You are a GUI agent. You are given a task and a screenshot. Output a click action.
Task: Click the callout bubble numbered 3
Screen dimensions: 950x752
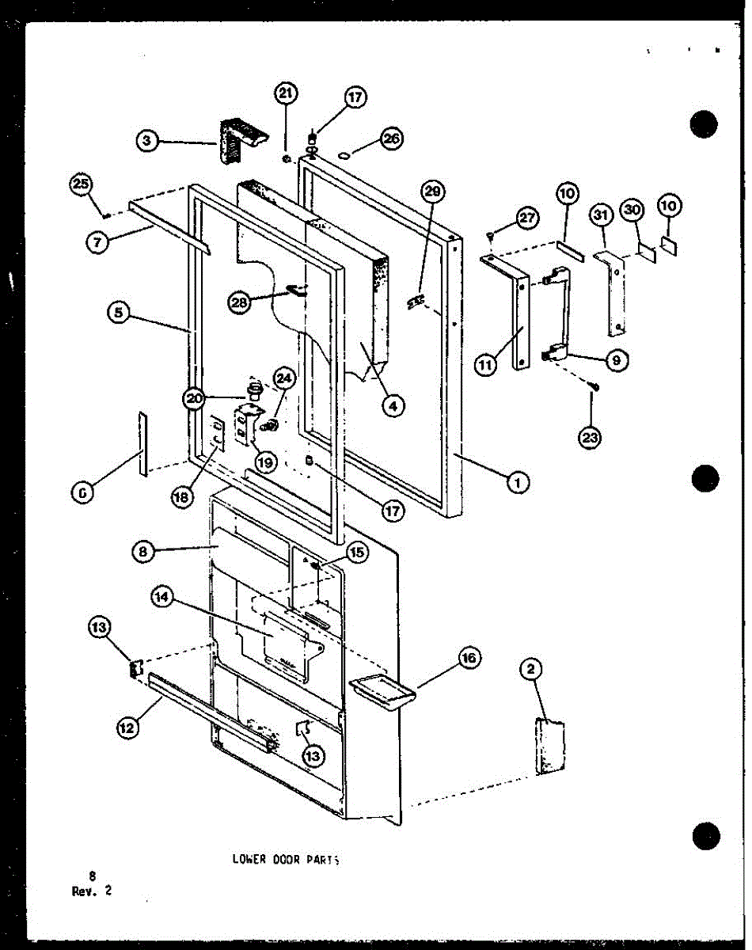(146, 142)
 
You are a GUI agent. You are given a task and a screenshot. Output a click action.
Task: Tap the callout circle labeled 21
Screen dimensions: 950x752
(286, 94)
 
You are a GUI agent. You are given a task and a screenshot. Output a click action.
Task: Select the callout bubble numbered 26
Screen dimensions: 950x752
(390, 139)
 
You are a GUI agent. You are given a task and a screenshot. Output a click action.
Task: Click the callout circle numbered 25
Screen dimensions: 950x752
(80, 185)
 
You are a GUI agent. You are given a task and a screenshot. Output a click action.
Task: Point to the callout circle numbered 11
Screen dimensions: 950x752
(487, 367)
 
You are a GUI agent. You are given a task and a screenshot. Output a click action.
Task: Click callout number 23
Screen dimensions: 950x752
(590, 436)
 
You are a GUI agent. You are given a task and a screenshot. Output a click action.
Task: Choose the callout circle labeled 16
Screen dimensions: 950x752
(469, 658)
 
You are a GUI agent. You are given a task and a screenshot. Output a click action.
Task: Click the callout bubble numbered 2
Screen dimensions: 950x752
(530, 670)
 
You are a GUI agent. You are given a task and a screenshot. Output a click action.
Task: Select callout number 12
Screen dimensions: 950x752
(127, 725)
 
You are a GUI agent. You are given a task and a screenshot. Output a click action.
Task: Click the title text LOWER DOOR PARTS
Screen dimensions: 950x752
(291, 859)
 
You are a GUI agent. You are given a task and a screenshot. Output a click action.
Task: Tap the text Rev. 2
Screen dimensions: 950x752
(92, 891)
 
